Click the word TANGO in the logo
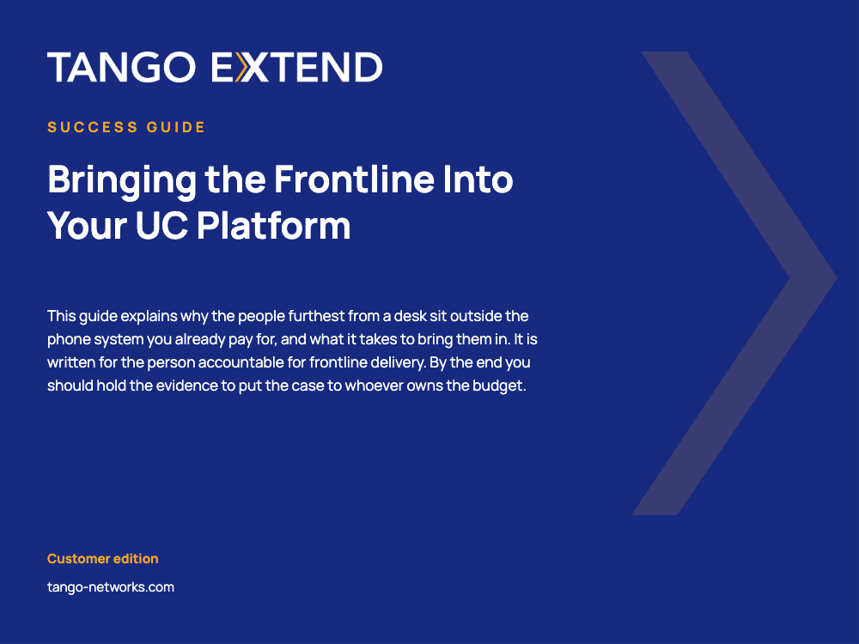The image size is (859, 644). point(121,67)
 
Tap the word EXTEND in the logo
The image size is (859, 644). point(296,67)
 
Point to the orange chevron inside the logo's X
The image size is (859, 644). point(241,67)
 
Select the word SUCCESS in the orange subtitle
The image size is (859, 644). point(93,127)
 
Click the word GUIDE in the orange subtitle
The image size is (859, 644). point(176,127)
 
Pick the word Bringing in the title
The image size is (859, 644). point(122,180)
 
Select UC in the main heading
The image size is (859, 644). point(161,225)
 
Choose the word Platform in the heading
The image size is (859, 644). point(274,225)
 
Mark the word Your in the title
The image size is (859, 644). point(87,225)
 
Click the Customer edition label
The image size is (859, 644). point(102,559)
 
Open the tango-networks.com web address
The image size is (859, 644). point(111,587)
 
